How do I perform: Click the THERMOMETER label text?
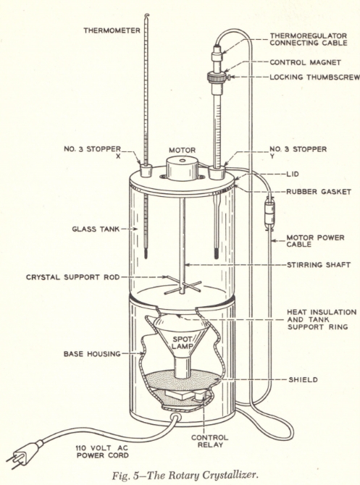tap(112, 30)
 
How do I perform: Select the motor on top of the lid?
tap(182, 168)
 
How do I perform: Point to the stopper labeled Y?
tap(217, 172)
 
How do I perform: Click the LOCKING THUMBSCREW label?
tap(314, 77)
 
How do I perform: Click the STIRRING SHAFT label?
tap(319, 265)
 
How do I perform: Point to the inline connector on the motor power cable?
tap(269, 214)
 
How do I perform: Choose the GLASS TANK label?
tap(96, 229)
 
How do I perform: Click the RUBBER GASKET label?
tap(319, 192)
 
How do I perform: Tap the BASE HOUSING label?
tap(92, 353)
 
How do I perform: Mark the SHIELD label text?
tap(303, 379)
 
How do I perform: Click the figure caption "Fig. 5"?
tap(126, 475)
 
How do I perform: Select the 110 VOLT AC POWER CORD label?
tap(102, 452)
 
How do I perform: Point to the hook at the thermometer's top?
tap(148, 16)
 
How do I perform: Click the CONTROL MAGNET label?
tap(305, 62)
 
